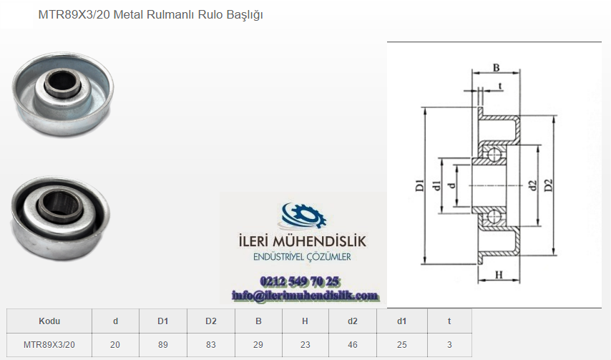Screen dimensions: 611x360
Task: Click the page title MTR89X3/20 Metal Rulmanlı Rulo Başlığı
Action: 150,15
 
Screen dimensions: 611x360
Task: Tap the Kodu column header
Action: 49,321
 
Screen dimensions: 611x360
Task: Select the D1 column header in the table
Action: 163,321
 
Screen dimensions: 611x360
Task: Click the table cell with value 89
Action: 163,345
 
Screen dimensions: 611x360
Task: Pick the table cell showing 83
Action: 211,345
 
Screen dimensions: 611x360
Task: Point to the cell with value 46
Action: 353,345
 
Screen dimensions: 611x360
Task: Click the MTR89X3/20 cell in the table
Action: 49,345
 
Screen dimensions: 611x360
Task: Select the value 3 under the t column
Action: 449,345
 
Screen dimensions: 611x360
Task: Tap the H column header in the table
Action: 305,321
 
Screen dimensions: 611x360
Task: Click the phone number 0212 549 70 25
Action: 299,281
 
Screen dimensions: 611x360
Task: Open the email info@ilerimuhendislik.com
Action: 305,296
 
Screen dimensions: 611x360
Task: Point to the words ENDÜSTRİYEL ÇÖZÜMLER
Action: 302,257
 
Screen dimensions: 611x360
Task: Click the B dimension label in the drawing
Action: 496,67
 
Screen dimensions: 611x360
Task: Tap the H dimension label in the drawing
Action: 499,275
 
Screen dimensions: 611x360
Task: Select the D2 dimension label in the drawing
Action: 548,185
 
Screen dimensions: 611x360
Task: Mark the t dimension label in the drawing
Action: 500,86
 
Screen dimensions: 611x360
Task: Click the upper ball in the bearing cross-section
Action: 494,154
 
